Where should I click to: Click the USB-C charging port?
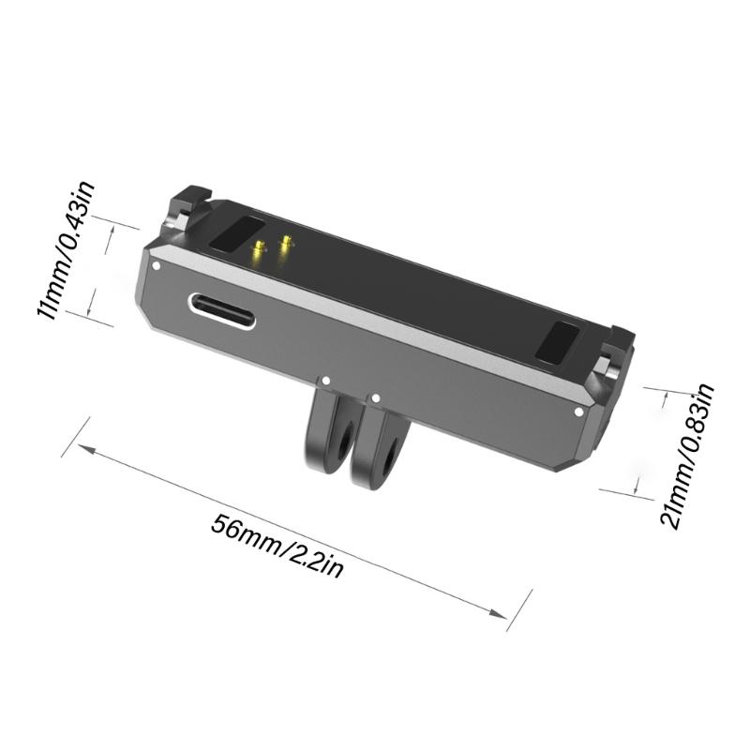222,310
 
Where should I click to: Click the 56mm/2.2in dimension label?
275,547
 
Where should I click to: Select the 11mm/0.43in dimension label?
67,250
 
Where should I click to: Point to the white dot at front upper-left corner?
157,265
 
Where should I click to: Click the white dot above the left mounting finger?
326,382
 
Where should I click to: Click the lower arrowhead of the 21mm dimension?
639,488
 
